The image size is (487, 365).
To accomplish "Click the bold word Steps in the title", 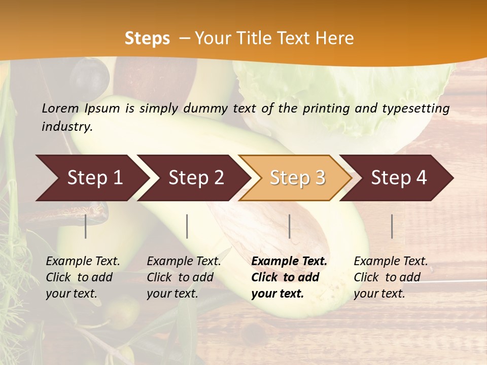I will pyautogui.click(x=147, y=39).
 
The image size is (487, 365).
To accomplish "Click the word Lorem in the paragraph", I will pyautogui.click(x=60, y=108).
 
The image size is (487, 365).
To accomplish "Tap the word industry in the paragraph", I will pyautogui.click(x=66, y=127).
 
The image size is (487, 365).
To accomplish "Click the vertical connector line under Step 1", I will pyautogui.click(x=86, y=226).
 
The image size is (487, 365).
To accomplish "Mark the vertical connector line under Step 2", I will pyautogui.click(x=187, y=226).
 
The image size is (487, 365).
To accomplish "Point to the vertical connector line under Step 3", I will pyautogui.click(x=289, y=226).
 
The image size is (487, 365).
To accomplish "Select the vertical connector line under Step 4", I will pyautogui.click(x=392, y=226).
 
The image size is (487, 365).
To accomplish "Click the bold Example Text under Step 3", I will pyautogui.click(x=289, y=262).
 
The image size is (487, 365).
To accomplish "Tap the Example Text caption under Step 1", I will pyautogui.click(x=83, y=262).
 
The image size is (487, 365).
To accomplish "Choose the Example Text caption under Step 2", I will pyautogui.click(x=184, y=262).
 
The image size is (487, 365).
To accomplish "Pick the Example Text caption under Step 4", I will pyautogui.click(x=391, y=262).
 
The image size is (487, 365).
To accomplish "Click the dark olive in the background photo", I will pyautogui.click(x=89, y=76).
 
